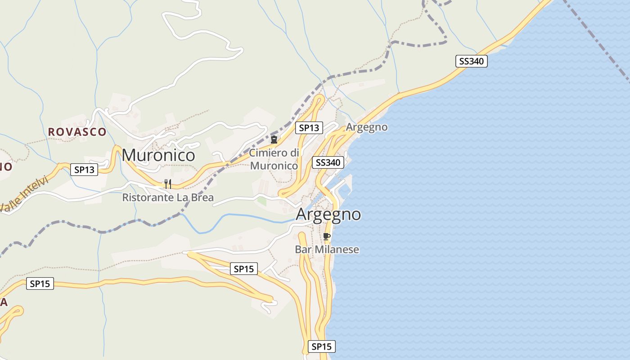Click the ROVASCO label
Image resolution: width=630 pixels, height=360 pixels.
coord(77,132)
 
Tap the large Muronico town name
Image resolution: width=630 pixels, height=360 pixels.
coord(158,155)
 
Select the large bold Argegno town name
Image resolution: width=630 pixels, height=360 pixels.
coord(328,214)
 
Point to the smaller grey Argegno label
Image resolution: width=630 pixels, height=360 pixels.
coord(367,127)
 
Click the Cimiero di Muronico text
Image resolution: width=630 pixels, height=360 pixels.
coord(274,159)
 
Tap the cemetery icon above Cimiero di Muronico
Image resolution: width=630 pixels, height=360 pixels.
coord(274,139)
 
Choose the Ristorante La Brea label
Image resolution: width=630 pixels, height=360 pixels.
coord(168,198)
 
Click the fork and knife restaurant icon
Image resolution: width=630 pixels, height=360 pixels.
coord(167,184)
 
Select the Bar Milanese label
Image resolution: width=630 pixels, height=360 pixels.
coord(327,249)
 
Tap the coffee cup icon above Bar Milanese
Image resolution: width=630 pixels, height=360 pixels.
coord(327,236)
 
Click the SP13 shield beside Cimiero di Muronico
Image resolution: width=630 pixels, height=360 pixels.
coord(309,128)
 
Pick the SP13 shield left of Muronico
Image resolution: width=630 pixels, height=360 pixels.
coord(84,170)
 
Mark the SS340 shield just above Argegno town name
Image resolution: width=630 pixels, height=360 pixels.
coord(328,162)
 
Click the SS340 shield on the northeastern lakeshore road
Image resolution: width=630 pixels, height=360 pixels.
coord(472,61)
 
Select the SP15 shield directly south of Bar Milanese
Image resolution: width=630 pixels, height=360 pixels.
coord(322,346)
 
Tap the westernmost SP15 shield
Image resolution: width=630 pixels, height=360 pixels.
coord(40,283)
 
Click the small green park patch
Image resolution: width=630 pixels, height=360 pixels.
coord(261,201)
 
